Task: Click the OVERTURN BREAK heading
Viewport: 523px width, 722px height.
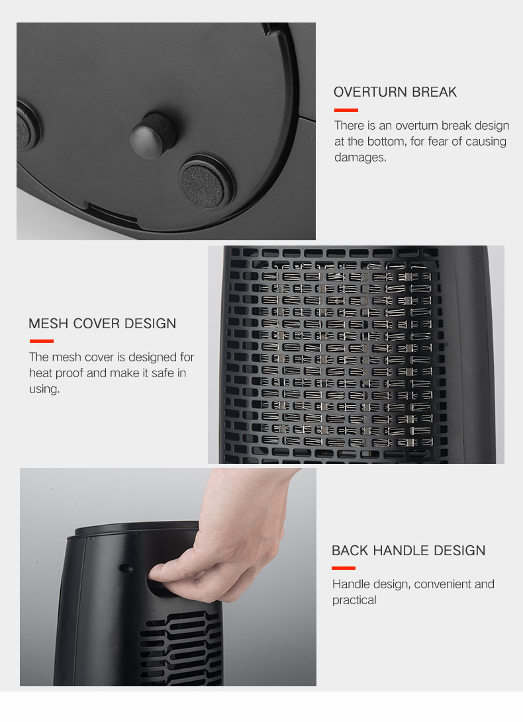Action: click(x=395, y=92)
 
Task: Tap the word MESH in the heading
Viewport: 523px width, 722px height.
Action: click(x=48, y=324)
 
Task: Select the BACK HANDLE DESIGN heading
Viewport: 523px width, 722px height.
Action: click(x=408, y=551)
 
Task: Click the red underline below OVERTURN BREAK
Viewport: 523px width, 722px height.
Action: click(x=346, y=110)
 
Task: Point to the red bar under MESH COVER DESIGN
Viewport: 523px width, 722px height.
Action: click(x=42, y=341)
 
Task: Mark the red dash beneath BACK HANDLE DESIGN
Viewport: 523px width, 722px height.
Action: click(x=344, y=568)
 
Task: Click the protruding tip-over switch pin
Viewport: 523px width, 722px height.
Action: click(x=152, y=136)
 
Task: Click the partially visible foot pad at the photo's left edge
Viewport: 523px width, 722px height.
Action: click(x=26, y=126)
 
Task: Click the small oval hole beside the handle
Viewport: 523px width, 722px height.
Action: click(x=126, y=568)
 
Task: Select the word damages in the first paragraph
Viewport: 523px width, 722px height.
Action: click(x=360, y=158)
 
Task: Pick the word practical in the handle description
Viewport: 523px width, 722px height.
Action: click(x=354, y=600)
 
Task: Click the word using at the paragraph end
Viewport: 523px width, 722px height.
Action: click(x=44, y=389)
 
